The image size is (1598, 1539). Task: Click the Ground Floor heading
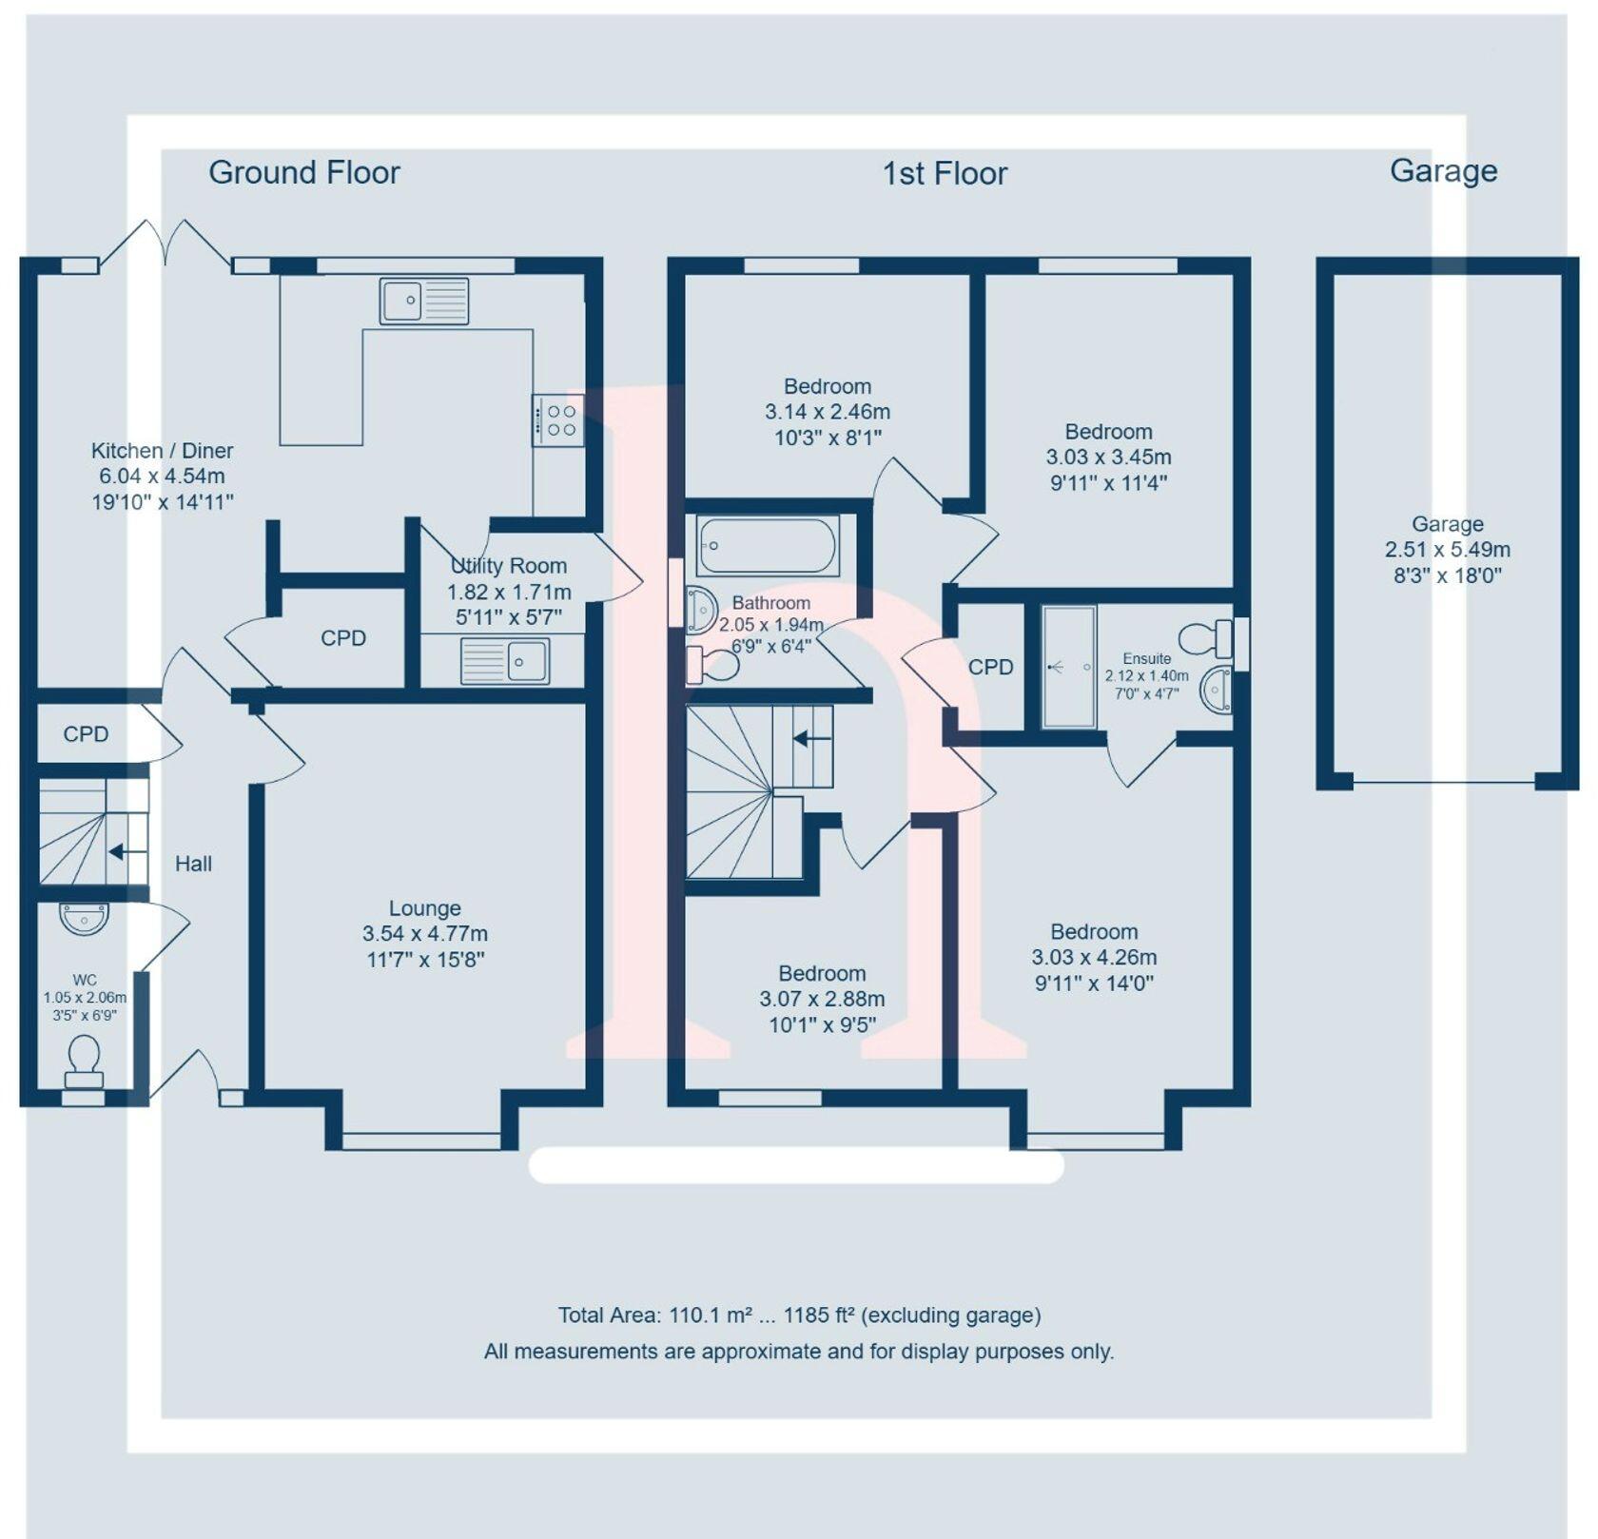304,172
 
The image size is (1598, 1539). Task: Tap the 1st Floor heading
945,173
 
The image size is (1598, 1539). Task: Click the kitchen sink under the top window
424,301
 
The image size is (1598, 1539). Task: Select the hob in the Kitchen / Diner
558,420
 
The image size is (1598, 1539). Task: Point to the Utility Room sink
505,660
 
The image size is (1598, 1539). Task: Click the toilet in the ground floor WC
84,1062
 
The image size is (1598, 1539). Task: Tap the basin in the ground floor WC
84,918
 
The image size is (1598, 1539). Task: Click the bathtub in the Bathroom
769,546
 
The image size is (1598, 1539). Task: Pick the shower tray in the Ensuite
1069,667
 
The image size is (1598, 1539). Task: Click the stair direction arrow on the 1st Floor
811,738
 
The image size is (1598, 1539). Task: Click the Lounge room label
424,908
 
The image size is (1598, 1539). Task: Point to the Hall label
193,864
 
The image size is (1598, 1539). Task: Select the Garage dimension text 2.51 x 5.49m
1447,550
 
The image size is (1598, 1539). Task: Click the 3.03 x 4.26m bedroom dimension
1094,957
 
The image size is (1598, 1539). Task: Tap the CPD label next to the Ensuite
991,668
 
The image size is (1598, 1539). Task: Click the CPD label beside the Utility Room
343,638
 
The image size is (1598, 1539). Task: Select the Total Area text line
799,1315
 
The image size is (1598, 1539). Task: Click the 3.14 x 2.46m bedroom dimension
828,412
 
